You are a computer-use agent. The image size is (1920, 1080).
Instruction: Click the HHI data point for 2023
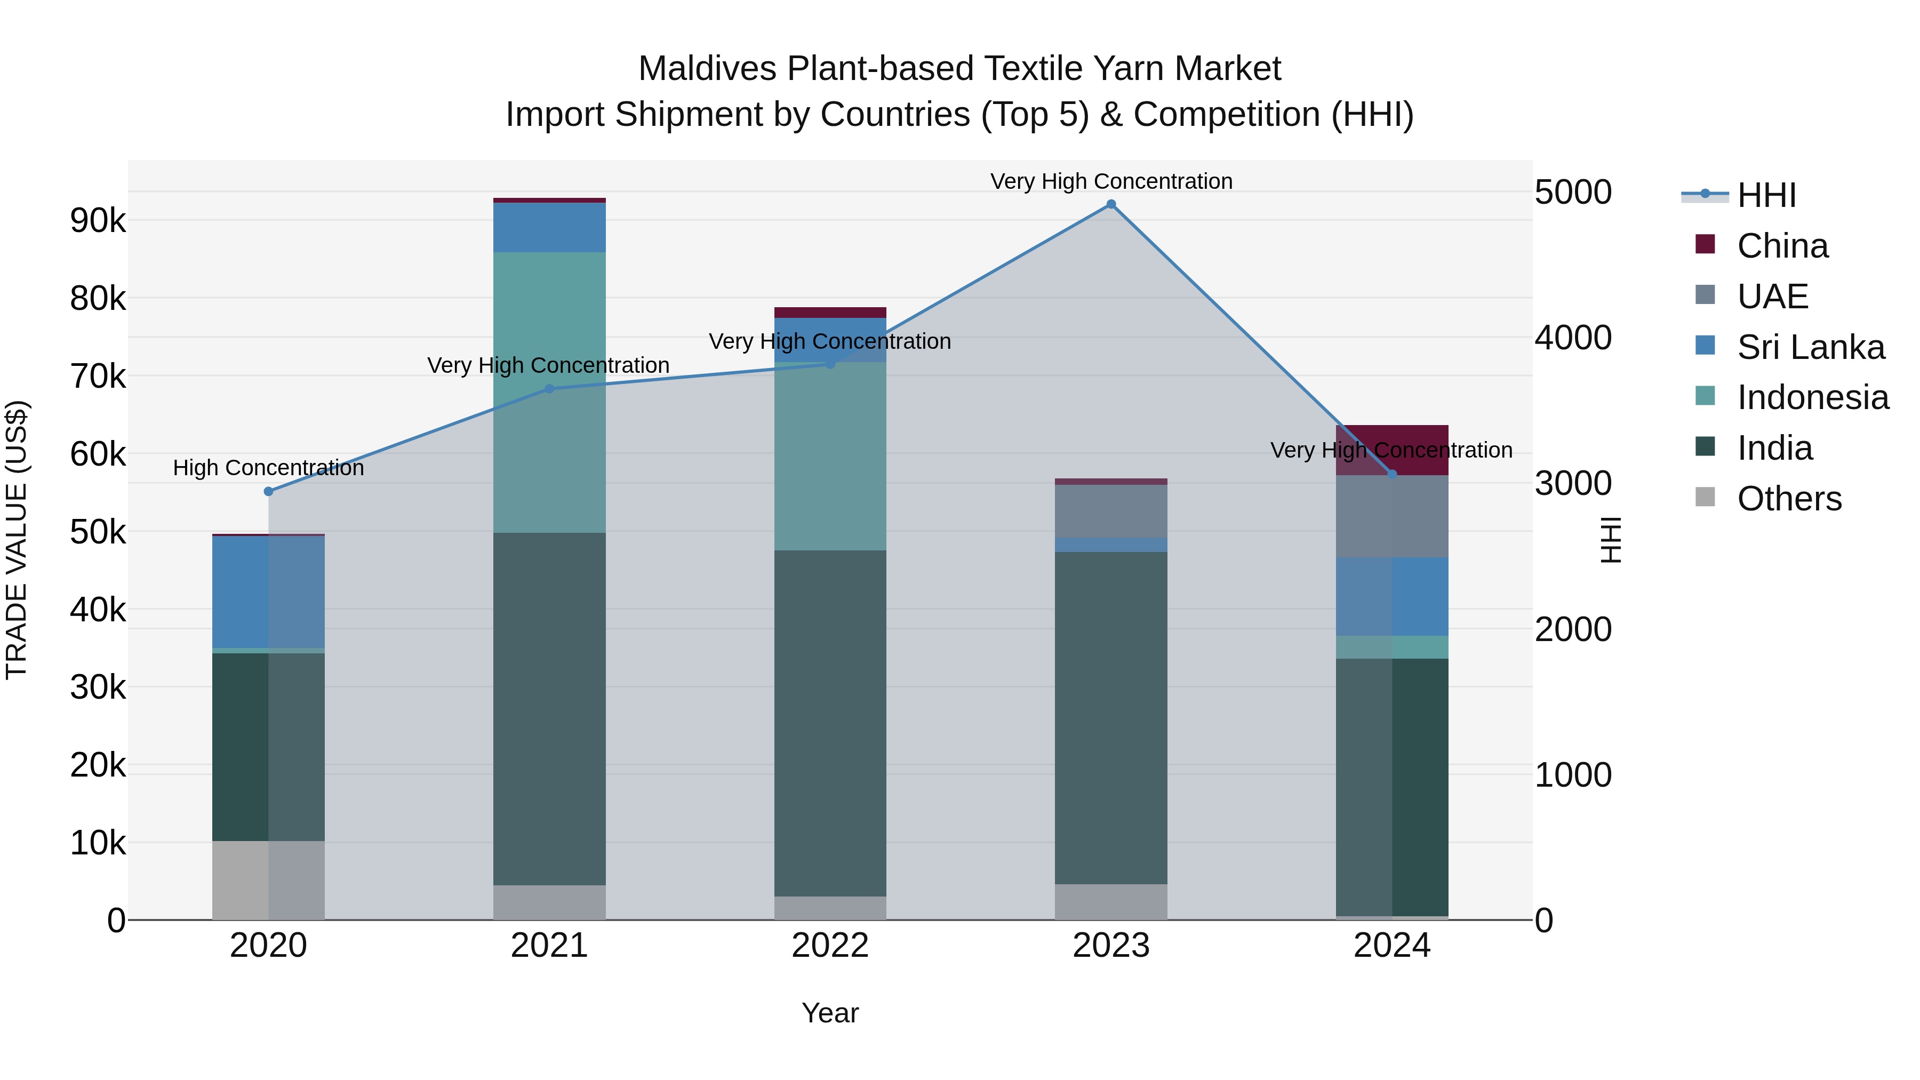[x=1110, y=204]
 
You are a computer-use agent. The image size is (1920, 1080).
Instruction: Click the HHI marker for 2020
[x=268, y=491]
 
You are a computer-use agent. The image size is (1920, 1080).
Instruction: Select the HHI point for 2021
[x=549, y=388]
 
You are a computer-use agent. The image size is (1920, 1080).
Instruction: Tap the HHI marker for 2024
[x=1391, y=474]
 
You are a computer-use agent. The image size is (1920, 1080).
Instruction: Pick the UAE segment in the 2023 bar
[x=1110, y=511]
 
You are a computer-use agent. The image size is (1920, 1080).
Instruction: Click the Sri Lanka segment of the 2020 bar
[x=268, y=592]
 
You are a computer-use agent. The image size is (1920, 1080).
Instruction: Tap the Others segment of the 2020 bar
[x=268, y=880]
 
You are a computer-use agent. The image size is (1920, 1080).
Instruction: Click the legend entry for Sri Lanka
[x=1811, y=347]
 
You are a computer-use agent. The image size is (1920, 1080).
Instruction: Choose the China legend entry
[x=1782, y=246]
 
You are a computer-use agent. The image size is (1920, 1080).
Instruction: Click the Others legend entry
[x=1789, y=499]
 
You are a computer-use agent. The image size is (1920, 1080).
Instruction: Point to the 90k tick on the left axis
[x=98, y=221]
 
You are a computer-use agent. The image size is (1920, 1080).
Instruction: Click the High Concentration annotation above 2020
[x=268, y=468]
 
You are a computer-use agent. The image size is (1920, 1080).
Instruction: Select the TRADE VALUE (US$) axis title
[x=17, y=540]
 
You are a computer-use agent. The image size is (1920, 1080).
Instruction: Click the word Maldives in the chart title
[x=707, y=69]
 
